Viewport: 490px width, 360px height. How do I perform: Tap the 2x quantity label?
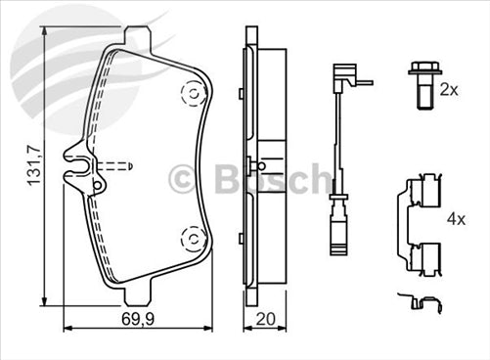point(449,89)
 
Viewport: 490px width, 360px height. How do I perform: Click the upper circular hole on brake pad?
point(192,92)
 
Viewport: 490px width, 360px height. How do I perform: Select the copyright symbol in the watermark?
point(184,179)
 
